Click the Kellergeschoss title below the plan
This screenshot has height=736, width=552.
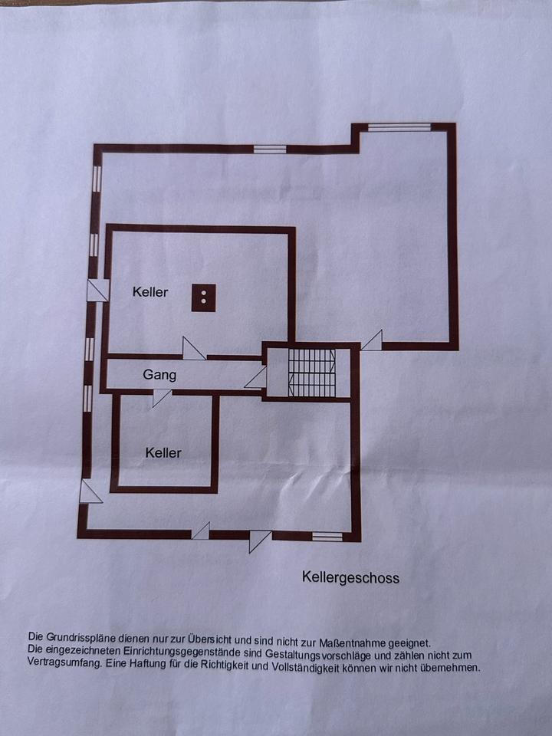350,578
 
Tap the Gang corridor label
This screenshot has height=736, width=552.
159,375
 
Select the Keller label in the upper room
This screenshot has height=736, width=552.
149,292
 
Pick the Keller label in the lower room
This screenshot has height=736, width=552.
163,453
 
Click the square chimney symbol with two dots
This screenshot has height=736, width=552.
203,297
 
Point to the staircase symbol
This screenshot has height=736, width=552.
312,373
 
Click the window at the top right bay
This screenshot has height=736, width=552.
399,127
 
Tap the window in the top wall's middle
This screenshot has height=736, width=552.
270,149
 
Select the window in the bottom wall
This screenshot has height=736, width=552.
327,537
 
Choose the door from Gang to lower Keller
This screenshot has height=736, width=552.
162,397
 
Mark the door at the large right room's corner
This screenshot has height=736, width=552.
373,340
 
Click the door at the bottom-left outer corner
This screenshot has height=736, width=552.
90,491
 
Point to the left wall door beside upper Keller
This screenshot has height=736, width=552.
98,291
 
